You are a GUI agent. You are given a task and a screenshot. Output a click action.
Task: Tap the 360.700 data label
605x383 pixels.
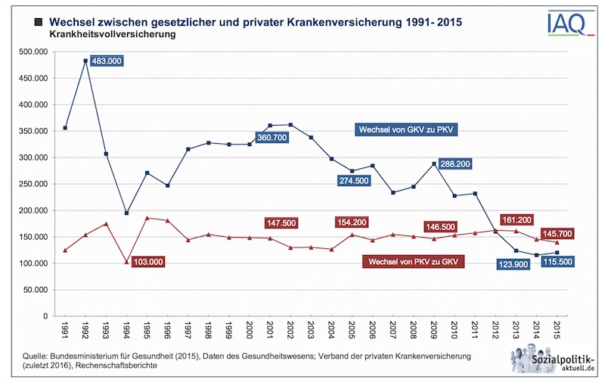coord(270,138)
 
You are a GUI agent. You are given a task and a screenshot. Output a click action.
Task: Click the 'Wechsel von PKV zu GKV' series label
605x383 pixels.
coord(414,261)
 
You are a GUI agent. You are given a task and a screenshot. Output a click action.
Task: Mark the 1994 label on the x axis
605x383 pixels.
coord(127,331)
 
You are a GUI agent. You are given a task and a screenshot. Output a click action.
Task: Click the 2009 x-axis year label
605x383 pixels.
coord(434,331)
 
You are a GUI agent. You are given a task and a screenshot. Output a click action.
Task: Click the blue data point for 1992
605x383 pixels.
coord(85,61)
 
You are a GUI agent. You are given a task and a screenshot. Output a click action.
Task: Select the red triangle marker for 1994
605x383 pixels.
coord(127,262)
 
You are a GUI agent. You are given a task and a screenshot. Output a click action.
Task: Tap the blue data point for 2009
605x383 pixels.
coord(434,163)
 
